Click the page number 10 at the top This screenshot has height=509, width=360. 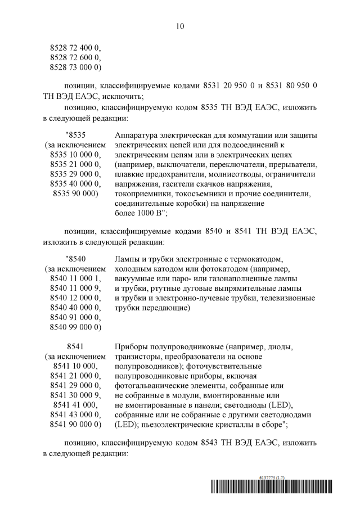pyautogui.click(x=179, y=26)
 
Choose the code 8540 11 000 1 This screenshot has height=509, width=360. pyautogui.click(x=75, y=278)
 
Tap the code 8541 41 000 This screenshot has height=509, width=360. pyautogui.click(x=75, y=404)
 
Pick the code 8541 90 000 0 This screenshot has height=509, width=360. pyautogui.click(x=75, y=424)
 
